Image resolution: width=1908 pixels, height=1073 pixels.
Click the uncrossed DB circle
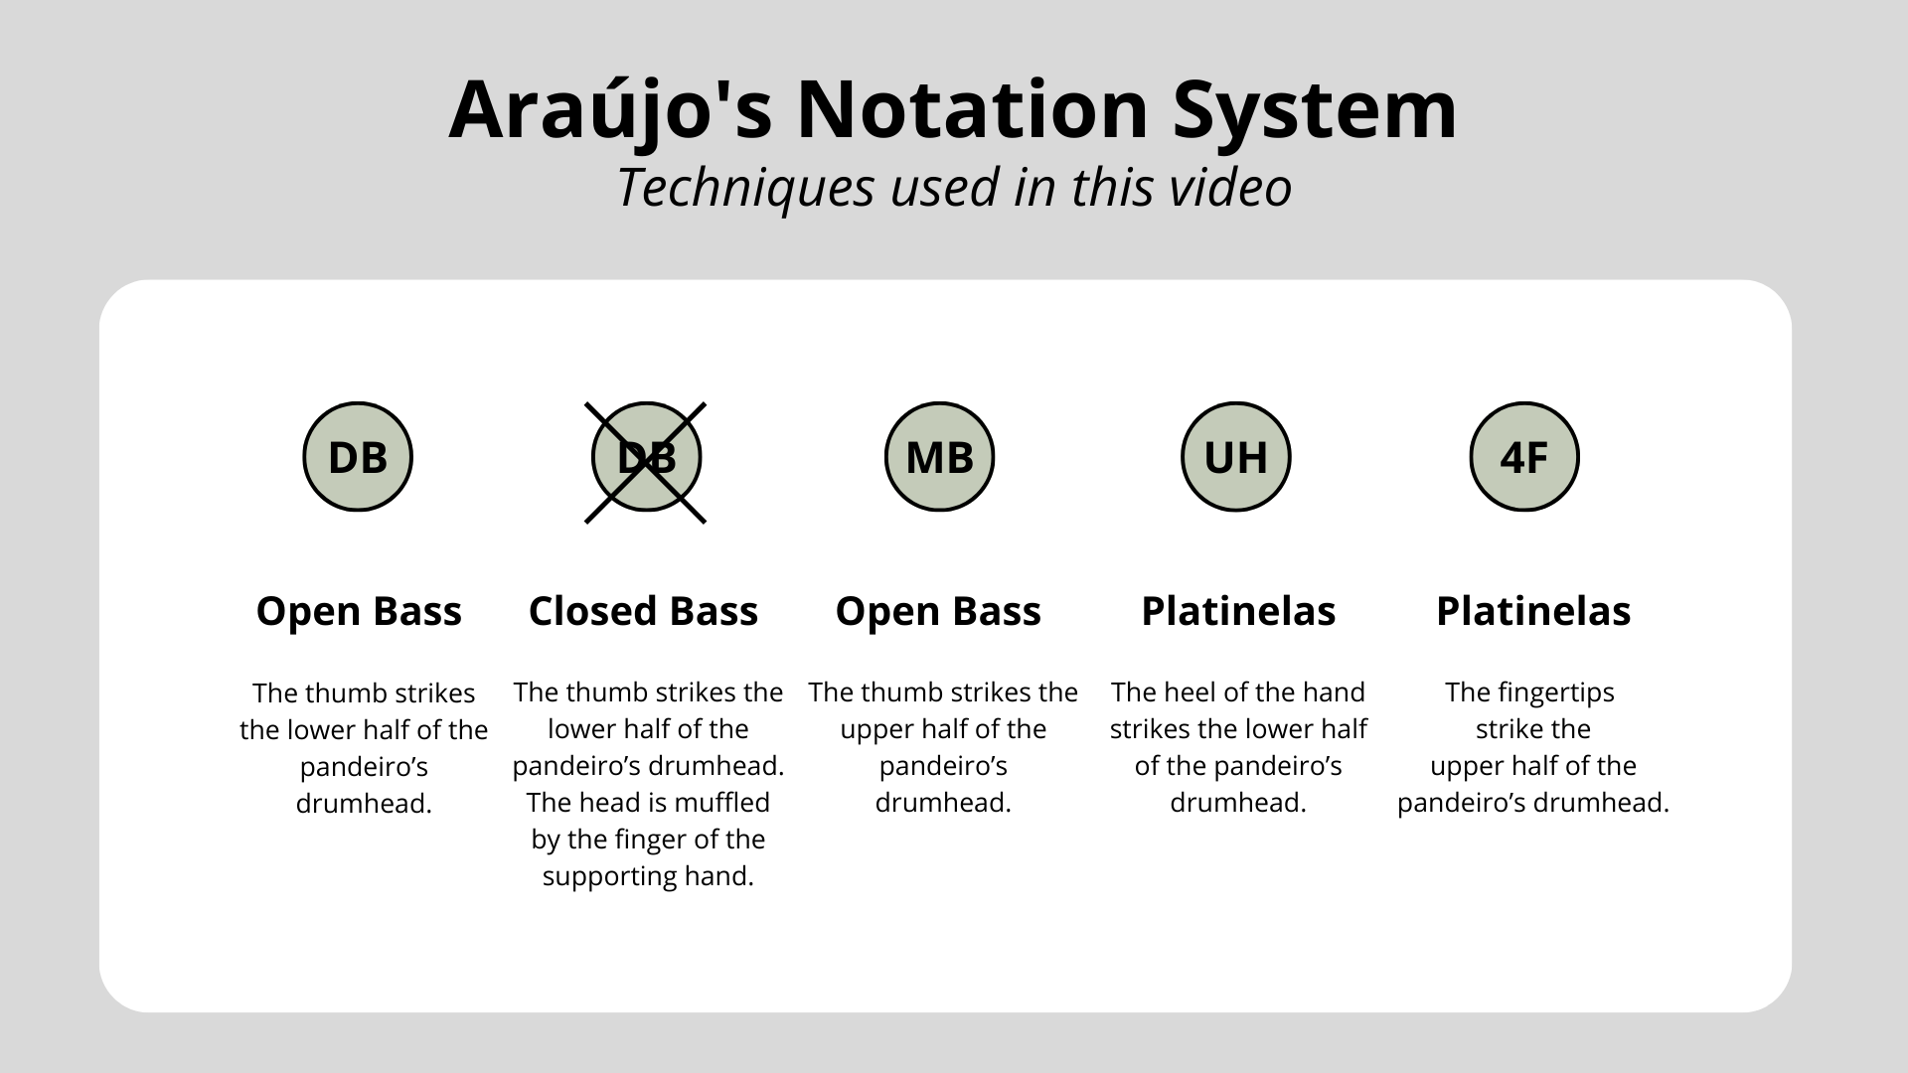pos(358,457)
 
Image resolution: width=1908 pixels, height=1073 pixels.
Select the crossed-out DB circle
pos(646,457)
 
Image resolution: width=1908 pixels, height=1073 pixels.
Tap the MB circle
pos(940,457)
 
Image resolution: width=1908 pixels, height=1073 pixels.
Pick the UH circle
pos(1236,457)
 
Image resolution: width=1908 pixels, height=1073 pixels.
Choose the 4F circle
pos(1524,457)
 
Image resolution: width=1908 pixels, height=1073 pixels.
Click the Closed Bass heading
pos(643,611)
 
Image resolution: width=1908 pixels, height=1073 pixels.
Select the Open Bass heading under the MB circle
pos(938,611)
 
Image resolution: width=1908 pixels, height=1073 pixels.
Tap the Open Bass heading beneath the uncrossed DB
pos(359,611)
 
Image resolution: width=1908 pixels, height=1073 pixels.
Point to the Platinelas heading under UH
pos(1238,611)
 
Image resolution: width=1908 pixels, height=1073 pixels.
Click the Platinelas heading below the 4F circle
pos(1533,611)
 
